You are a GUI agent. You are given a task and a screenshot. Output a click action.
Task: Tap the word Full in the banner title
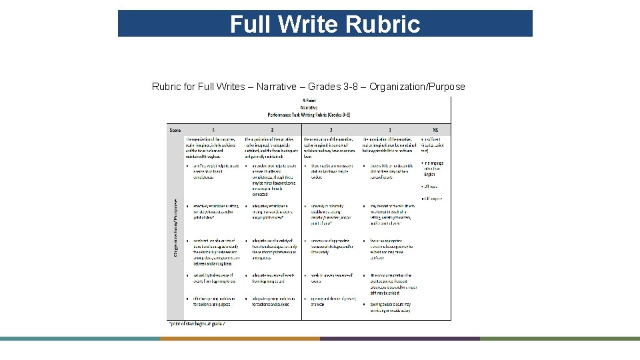coord(251,25)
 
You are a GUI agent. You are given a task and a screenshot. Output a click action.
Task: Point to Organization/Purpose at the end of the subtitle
coord(417,87)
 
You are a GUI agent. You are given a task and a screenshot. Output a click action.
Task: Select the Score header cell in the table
coord(175,129)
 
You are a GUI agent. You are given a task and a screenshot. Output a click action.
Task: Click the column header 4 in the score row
coord(213,129)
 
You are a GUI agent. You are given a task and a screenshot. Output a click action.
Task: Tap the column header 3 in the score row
coord(272,129)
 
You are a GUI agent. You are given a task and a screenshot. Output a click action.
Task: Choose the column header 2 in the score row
coord(331,129)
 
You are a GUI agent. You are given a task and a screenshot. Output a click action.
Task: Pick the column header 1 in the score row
coord(389,129)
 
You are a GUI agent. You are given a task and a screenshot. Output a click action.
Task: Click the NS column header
coord(435,129)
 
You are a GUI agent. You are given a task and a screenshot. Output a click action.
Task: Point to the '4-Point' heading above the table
coord(309,101)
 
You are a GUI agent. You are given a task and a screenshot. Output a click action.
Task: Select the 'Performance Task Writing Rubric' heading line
coord(309,114)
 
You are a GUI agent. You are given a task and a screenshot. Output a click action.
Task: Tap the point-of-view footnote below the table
coord(196,323)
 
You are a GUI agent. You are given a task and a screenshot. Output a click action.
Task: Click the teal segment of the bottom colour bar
coord(80,339)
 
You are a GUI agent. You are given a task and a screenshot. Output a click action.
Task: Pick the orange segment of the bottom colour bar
coord(240,339)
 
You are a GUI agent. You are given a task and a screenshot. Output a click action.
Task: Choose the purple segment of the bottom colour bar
coord(400,339)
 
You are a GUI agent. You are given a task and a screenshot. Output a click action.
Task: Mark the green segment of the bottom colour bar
coord(560,339)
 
